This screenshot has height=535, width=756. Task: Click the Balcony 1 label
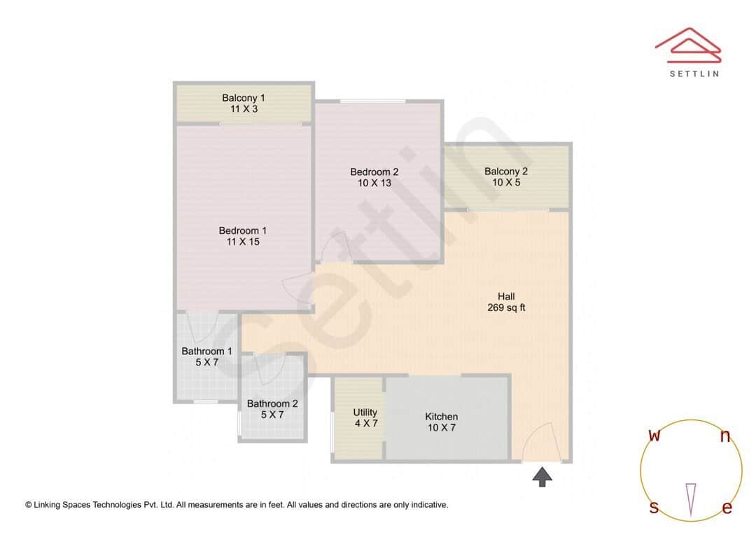[x=243, y=98]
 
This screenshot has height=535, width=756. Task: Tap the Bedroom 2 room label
[x=374, y=172]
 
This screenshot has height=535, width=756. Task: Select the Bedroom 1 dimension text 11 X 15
[x=243, y=242]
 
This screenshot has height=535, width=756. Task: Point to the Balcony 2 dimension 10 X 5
[x=506, y=183]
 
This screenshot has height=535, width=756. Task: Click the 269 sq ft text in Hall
[x=506, y=307]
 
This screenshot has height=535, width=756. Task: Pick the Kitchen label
[x=442, y=417]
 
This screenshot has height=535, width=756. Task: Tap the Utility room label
[x=365, y=412]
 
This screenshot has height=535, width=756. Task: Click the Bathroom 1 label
[x=206, y=351]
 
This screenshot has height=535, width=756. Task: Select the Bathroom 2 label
[x=272, y=403]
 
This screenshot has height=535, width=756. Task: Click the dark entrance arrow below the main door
[x=542, y=477]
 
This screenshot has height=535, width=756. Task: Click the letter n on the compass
[x=726, y=437]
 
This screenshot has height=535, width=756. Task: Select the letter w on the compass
[x=654, y=436]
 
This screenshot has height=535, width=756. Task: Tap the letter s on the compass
[x=654, y=508]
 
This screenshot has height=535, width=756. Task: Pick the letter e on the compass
[x=727, y=508]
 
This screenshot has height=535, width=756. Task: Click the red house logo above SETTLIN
[x=687, y=44]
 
